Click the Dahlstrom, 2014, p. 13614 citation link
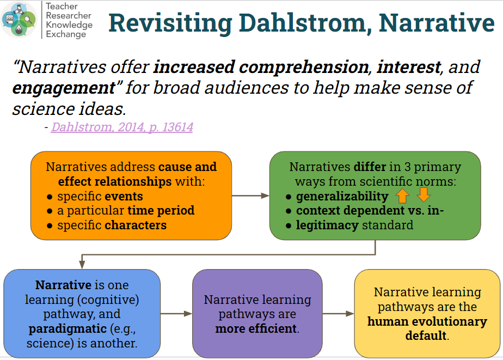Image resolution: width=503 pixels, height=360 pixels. pyautogui.click(x=122, y=127)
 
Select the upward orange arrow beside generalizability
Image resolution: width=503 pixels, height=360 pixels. pyautogui.click(x=402, y=195)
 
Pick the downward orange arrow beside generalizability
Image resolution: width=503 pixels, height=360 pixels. pyautogui.click(x=424, y=194)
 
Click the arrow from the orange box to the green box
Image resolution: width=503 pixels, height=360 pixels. pyautogui.click(x=250, y=196)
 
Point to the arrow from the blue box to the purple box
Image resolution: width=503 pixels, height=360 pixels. pyautogui.click(x=176, y=314)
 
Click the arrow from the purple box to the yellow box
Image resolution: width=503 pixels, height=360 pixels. pyautogui.click(x=339, y=314)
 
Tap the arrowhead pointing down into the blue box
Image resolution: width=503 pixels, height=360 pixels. pyautogui.click(x=82, y=264)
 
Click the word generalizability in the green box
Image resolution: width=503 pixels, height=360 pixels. pyautogui.click(x=342, y=196)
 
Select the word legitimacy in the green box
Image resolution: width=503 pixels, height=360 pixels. pyautogui.click(x=327, y=225)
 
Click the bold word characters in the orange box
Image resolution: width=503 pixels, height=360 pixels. pyautogui.click(x=136, y=225)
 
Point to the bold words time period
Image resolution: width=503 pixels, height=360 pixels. pyautogui.click(x=161, y=210)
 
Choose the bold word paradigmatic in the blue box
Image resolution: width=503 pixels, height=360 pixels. pyautogui.click(x=68, y=328)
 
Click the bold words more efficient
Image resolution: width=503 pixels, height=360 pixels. pyautogui.click(x=256, y=328)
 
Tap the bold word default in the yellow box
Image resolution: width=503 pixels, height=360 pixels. pyautogui.click(x=426, y=335)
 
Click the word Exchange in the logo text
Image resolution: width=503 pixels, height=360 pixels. pyautogui.click(x=66, y=34)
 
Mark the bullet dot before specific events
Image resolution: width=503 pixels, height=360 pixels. pyautogui.click(x=50, y=197)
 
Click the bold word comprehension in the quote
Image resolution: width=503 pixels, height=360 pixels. pyautogui.click(x=304, y=68)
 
